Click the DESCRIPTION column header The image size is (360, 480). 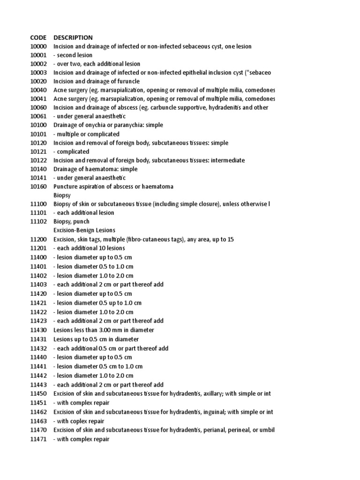[73, 37]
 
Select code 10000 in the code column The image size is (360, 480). [38, 46]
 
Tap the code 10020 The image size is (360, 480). [38, 81]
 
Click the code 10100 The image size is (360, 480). [38, 125]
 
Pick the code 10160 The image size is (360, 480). [38, 187]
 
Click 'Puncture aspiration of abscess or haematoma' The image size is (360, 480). [113, 187]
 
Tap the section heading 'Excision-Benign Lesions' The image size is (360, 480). [84, 230]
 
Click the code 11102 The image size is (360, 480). [38, 221]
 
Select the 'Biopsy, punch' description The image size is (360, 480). [71, 221]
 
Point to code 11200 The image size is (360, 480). [38, 239]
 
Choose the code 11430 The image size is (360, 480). [38, 330]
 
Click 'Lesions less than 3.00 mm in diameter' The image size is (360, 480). [104, 330]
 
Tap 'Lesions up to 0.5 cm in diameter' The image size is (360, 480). [96, 339]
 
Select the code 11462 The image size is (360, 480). [38, 412]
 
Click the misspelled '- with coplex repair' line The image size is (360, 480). [79, 421]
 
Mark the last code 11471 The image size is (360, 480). [38, 439]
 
